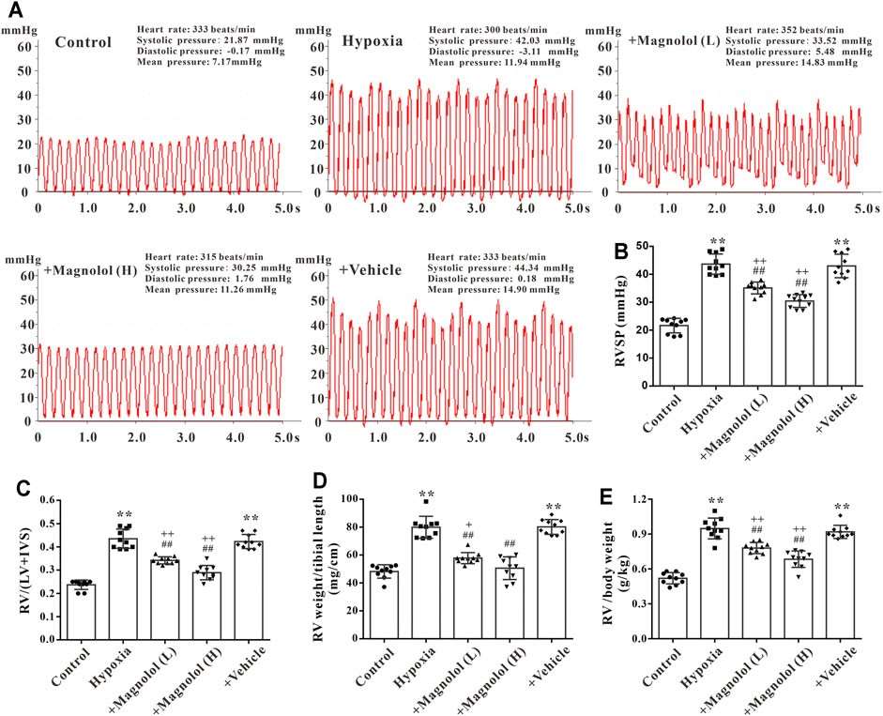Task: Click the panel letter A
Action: tap(16, 10)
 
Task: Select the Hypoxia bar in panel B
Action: tap(716, 325)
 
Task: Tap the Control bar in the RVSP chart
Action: tap(674, 356)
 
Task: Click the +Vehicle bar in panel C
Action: tap(249, 590)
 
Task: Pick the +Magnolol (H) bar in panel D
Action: tap(509, 603)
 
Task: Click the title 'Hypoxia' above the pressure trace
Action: tap(373, 41)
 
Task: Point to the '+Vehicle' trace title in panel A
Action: tap(370, 270)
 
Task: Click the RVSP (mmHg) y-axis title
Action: tap(621, 321)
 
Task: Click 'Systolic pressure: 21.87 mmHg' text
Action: tap(210, 40)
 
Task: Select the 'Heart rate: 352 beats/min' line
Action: tap(784, 30)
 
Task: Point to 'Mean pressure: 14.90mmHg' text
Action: tap(493, 290)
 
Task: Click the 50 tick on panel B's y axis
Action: tap(643, 246)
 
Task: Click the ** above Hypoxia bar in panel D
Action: tap(427, 494)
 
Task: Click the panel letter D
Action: tap(320, 482)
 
